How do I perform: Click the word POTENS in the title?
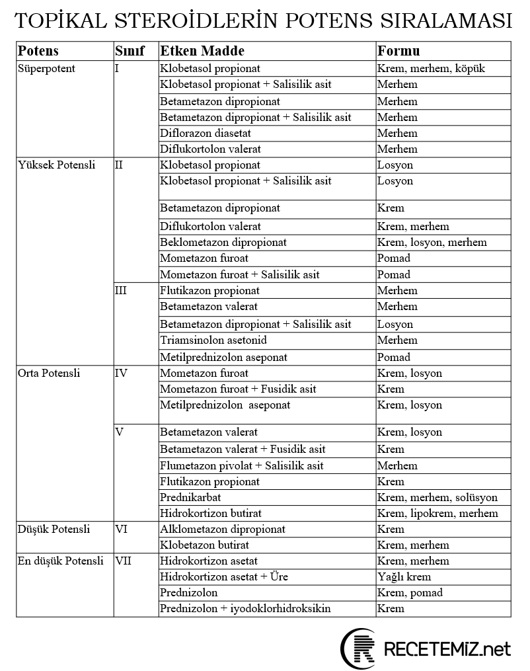click(327, 22)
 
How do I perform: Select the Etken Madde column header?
click(202, 51)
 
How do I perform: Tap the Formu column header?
click(398, 51)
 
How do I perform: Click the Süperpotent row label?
click(46, 68)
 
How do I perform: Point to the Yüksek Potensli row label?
click(56, 165)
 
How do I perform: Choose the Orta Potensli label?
click(49, 374)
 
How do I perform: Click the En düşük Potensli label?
click(61, 561)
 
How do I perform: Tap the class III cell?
click(121, 291)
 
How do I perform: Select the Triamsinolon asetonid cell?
click(213, 340)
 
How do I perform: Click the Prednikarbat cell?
click(191, 498)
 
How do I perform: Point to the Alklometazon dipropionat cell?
click(223, 530)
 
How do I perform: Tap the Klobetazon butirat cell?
click(204, 545)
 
